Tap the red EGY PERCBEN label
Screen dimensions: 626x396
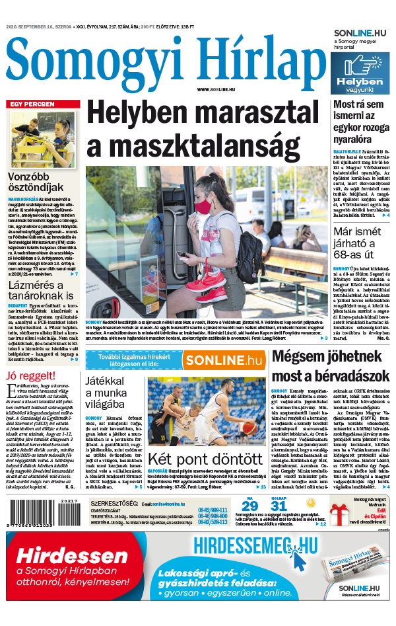[x=31, y=104]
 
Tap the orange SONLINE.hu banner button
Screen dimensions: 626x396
[x=223, y=360]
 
